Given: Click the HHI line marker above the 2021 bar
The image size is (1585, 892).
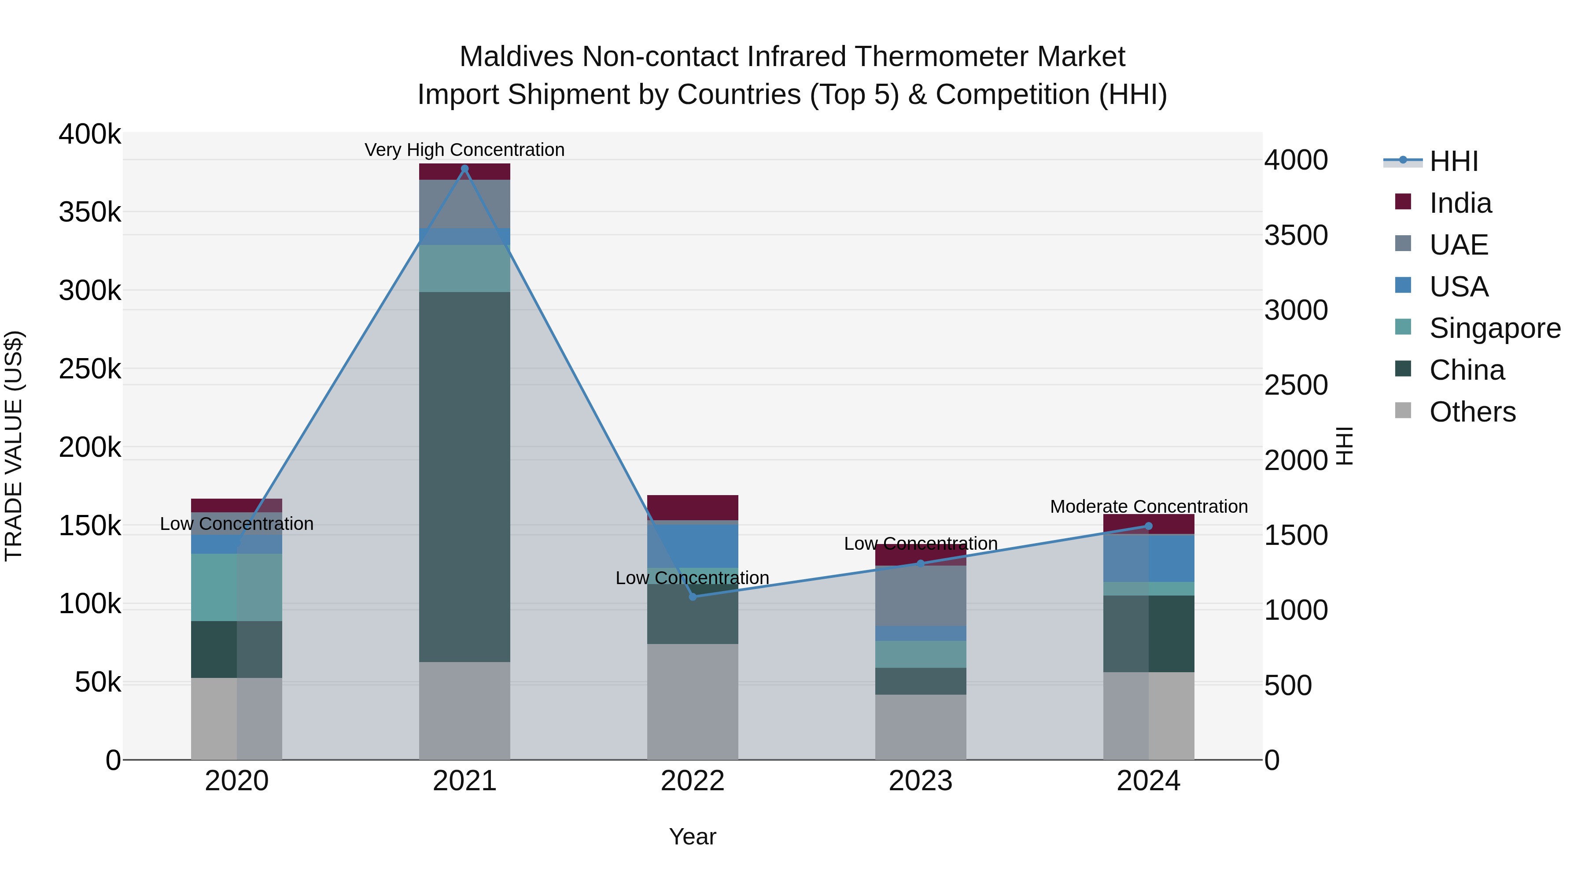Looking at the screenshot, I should [464, 169].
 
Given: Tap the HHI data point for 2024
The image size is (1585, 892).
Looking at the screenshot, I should [1148, 526].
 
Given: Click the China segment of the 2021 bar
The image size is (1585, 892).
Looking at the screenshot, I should [464, 477].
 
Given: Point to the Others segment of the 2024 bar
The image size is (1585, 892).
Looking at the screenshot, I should [1148, 715].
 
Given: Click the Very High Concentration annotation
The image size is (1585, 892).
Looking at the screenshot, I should [464, 150].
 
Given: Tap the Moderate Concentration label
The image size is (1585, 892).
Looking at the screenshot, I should [1148, 506].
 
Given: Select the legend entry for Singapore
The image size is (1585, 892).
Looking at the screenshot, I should [1495, 328].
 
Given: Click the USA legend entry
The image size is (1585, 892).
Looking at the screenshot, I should [1458, 287].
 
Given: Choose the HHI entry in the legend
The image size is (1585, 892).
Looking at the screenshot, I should [1453, 161].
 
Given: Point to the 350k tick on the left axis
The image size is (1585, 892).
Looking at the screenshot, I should [90, 212].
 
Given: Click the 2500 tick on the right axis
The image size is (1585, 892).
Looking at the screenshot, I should [1296, 385].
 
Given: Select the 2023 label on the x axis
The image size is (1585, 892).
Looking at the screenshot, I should [921, 781].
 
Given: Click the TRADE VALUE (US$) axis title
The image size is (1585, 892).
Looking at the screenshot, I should [14, 446].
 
